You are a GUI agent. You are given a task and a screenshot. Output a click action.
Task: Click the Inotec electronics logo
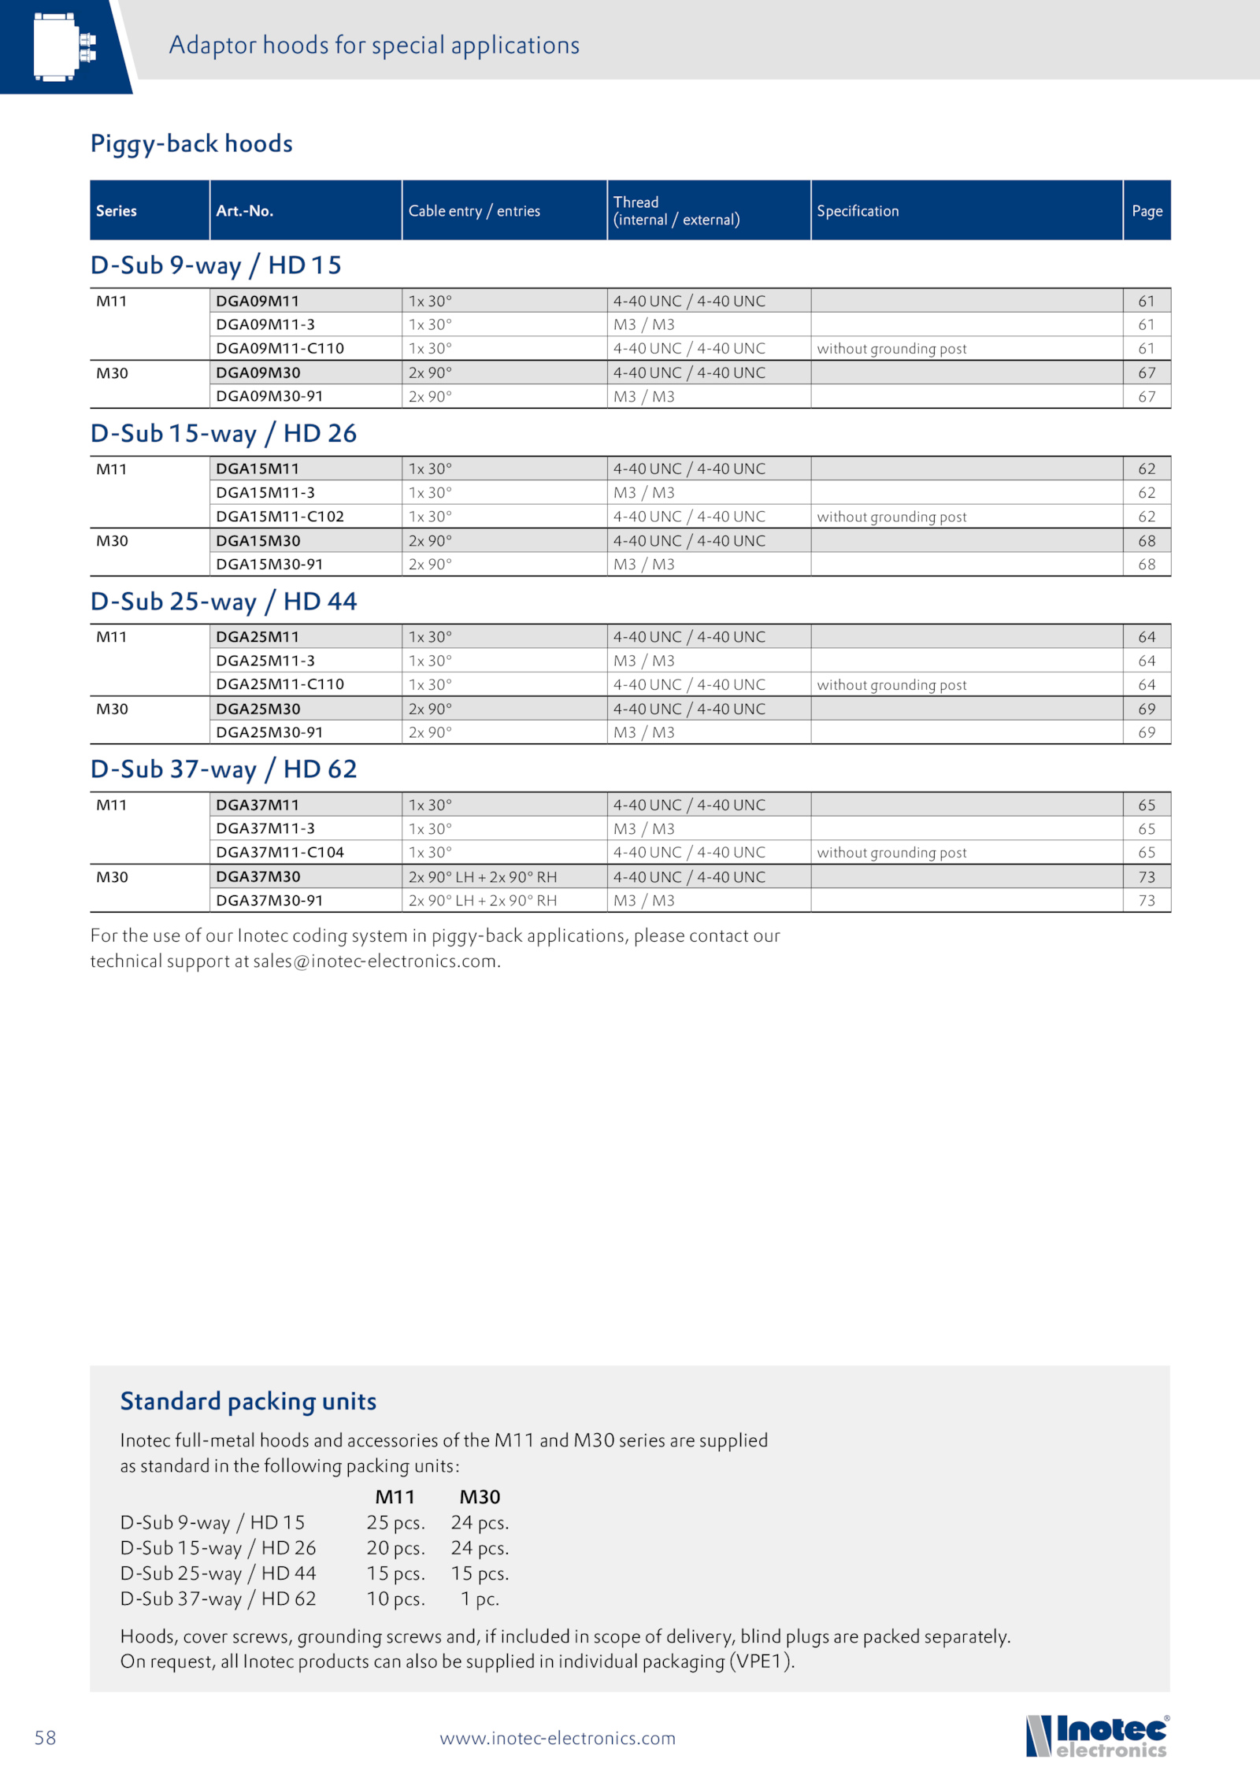(x=1097, y=1736)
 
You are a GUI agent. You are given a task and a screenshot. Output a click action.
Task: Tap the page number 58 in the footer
(x=46, y=1738)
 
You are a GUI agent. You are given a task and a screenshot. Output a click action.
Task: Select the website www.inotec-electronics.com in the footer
(x=558, y=1738)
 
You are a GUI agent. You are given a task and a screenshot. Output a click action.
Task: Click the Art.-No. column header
(x=245, y=211)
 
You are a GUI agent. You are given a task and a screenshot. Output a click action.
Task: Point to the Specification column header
(x=858, y=211)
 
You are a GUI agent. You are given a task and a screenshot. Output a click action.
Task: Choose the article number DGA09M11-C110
(x=280, y=348)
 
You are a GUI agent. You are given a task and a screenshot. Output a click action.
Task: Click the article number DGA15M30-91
(x=269, y=564)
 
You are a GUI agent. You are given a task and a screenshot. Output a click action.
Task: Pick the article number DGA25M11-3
(x=265, y=661)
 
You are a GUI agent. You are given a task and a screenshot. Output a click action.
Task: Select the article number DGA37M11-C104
(x=280, y=852)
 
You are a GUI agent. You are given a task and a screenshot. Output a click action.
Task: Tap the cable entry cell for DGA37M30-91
(x=483, y=900)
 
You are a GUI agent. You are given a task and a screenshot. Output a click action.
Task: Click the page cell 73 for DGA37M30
(x=1147, y=876)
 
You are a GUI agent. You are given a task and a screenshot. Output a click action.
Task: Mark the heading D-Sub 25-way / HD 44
(x=224, y=602)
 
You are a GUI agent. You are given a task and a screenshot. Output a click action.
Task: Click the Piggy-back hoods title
(x=191, y=143)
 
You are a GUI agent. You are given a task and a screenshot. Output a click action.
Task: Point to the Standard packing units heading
(x=248, y=1401)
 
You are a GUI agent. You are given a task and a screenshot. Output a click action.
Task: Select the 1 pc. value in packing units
(x=480, y=1599)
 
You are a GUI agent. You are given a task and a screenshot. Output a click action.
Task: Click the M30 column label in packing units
(x=480, y=1497)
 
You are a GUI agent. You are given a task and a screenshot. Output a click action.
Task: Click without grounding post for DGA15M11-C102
(x=891, y=517)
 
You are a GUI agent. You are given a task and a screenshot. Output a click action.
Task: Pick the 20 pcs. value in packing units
(x=395, y=1548)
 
